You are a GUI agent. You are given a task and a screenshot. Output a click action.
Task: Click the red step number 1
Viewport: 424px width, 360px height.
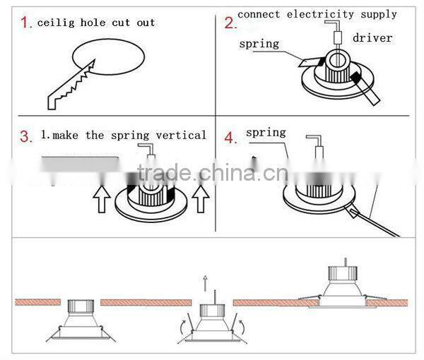click(x=26, y=23)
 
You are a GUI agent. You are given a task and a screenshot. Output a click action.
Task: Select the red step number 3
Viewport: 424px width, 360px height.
click(x=26, y=136)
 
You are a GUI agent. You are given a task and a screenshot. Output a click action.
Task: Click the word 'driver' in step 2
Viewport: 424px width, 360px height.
click(x=372, y=37)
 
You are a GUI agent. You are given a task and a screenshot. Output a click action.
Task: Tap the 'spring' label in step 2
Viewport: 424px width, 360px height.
click(x=259, y=44)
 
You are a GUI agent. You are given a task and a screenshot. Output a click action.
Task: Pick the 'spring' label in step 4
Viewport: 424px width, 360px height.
click(x=266, y=132)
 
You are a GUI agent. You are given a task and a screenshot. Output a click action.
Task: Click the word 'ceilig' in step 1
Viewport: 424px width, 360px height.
click(x=55, y=23)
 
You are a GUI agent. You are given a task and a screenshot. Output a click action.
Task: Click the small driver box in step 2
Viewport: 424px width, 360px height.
click(x=337, y=37)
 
